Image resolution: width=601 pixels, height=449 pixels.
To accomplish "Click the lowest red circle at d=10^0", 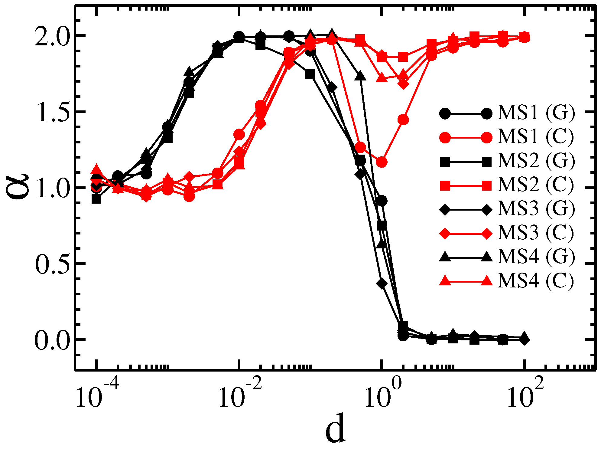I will [382, 162].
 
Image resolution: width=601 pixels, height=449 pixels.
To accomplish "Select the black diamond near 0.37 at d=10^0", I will [382, 283].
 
